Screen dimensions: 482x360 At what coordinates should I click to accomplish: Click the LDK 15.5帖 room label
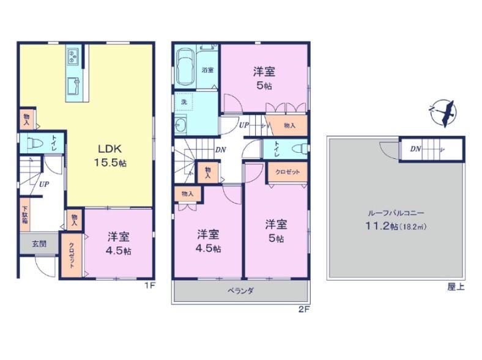tap(110, 156)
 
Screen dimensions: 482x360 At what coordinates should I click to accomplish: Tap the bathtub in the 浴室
tap(185, 67)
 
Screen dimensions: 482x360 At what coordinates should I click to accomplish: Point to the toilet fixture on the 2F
tap(300, 149)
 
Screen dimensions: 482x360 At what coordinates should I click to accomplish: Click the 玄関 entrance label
tap(39, 244)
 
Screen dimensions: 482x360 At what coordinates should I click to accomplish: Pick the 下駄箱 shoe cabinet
tap(25, 215)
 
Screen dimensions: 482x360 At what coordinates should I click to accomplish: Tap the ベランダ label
tap(240, 290)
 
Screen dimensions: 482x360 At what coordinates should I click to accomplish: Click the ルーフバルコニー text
tap(396, 213)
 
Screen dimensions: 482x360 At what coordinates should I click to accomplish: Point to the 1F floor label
tap(150, 285)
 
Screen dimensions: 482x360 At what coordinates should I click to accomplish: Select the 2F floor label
tap(304, 309)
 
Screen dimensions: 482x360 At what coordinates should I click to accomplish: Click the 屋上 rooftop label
tap(456, 287)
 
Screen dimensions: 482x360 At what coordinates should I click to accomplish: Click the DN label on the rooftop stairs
tap(415, 149)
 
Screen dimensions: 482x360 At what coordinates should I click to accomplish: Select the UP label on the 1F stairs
tap(44, 185)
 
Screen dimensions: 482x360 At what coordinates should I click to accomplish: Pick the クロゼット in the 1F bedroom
tap(72, 255)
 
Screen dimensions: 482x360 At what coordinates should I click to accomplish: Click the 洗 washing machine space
tap(184, 101)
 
